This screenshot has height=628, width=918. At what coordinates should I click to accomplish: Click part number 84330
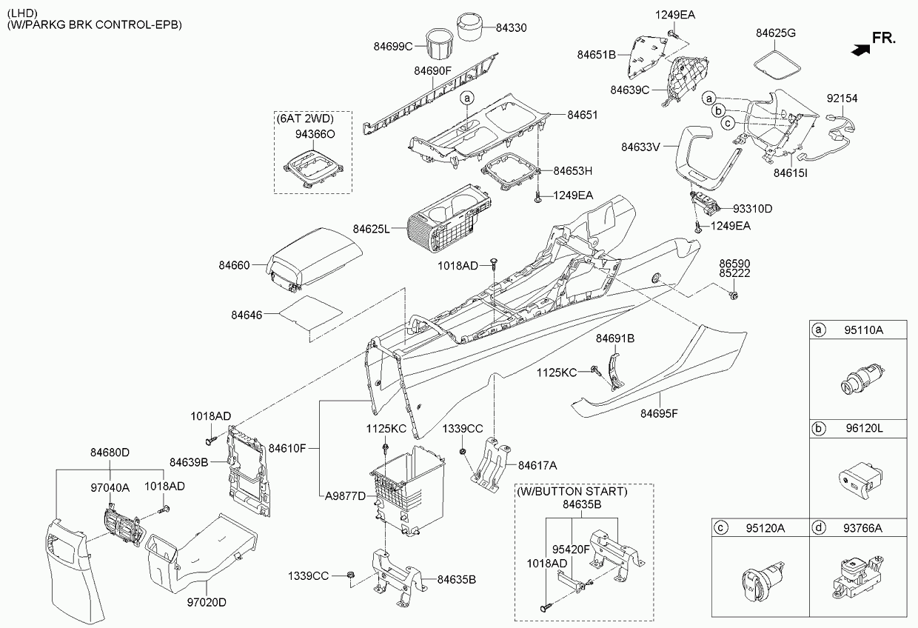tap(512, 27)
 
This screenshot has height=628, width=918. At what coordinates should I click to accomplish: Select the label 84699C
tap(392, 46)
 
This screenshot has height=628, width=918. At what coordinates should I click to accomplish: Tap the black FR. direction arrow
tap(859, 50)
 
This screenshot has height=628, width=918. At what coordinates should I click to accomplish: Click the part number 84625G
tap(776, 33)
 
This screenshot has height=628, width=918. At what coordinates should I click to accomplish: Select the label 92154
tap(842, 98)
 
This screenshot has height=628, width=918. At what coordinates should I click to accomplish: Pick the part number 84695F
tap(659, 413)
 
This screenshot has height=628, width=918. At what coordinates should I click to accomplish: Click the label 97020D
tap(206, 604)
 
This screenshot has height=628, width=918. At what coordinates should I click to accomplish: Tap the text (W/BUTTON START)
tap(572, 491)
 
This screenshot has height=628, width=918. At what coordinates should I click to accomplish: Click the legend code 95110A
tap(863, 330)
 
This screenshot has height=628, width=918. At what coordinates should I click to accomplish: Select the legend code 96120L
tap(863, 429)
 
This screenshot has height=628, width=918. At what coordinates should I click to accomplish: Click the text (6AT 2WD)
tap(305, 118)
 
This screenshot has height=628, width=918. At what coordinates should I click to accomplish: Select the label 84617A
tap(537, 465)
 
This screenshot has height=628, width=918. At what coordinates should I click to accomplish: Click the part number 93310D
tap(753, 209)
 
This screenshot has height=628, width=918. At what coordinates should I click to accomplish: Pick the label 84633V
tap(640, 147)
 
